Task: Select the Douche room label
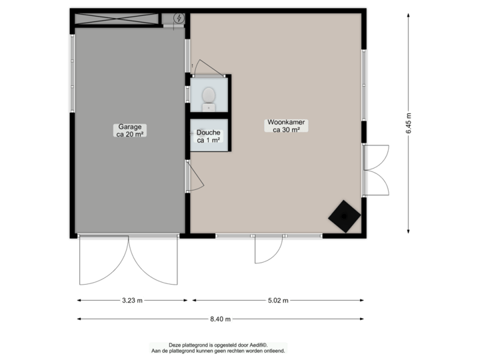[x=208, y=133]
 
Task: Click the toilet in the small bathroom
[x=209, y=98]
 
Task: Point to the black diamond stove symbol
[x=345, y=215]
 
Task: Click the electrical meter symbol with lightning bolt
[x=178, y=18]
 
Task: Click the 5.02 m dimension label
[x=278, y=301]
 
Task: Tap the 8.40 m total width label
[x=221, y=319]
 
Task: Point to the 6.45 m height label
[x=409, y=123]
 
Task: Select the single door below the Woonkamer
[x=268, y=252]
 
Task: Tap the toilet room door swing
[x=201, y=68]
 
